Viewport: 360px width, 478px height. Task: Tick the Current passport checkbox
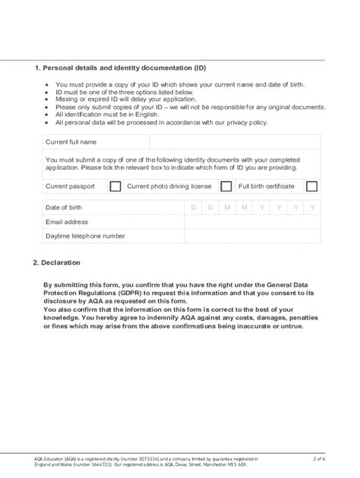[x=115, y=186]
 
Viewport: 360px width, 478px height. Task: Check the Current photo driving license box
[x=226, y=186]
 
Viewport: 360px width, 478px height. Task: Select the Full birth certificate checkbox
[x=311, y=186]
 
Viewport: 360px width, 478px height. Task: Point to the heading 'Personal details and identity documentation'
[x=122, y=68]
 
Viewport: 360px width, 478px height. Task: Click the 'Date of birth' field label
[x=65, y=207]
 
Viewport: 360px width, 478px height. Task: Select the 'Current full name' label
[x=71, y=142]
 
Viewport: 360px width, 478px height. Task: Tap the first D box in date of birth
[x=193, y=207]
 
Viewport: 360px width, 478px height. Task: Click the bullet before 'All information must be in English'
[x=48, y=115]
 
